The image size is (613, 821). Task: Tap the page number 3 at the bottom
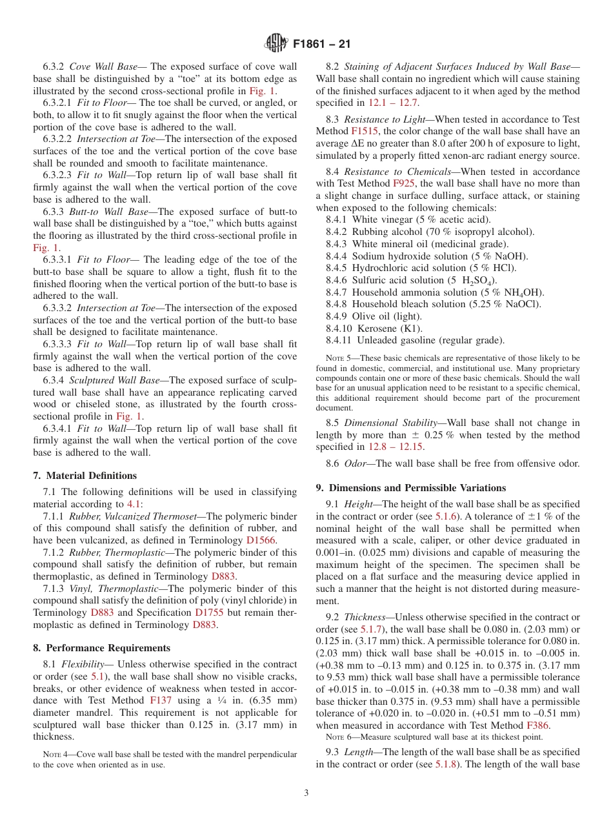[x=306, y=793]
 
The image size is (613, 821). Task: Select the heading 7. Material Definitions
[x=85, y=476]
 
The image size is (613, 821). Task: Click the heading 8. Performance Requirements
[x=101, y=648]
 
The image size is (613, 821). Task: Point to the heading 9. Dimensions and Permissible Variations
[x=410, y=488]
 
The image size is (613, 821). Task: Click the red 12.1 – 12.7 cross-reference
[x=393, y=103]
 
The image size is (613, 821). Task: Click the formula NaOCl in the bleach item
[x=525, y=304]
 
